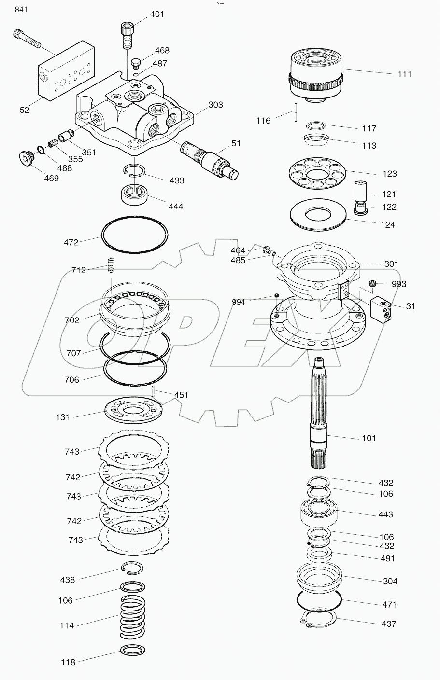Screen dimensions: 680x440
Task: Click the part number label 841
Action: pyautogui.click(x=22, y=10)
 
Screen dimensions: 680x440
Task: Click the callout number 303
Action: pyautogui.click(x=215, y=105)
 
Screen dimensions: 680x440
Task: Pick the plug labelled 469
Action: pyautogui.click(x=24, y=158)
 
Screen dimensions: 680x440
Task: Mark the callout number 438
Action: pyautogui.click(x=67, y=580)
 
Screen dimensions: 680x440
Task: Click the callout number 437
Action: pyautogui.click(x=388, y=624)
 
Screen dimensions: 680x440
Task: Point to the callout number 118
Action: pyautogui.click(x=68, y=662)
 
